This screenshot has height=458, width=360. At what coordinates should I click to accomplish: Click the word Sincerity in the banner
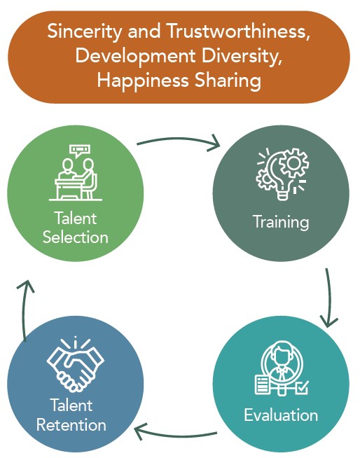pos(84,32)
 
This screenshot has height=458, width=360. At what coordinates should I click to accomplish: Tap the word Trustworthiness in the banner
pos(238,31)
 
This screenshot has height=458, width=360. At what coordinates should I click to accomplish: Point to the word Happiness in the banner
pos(143,81)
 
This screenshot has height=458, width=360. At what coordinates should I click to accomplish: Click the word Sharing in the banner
pos(228,81)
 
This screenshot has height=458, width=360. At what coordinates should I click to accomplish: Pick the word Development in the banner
pos(135,57)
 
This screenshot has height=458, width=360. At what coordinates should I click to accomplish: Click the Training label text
pos(281,222)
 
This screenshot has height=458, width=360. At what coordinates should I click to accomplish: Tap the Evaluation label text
pos(281,415)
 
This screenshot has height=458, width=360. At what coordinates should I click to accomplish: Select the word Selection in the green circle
pos(76,237)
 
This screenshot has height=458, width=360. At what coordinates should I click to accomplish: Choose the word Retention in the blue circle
pos(71,424)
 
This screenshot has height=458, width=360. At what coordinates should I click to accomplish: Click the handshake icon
pos(76,365)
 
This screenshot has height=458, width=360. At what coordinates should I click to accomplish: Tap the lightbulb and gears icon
pos(282,174)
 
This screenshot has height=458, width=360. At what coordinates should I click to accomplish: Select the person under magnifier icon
pos(282,368)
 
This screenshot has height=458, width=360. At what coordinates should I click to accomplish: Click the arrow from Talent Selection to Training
pos(178,139)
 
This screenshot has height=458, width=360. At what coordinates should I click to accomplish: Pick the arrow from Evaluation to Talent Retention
pos(175,436)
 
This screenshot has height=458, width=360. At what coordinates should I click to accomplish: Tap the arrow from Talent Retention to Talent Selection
pos(24,310)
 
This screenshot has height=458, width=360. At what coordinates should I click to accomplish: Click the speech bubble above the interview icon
pos(80,151)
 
